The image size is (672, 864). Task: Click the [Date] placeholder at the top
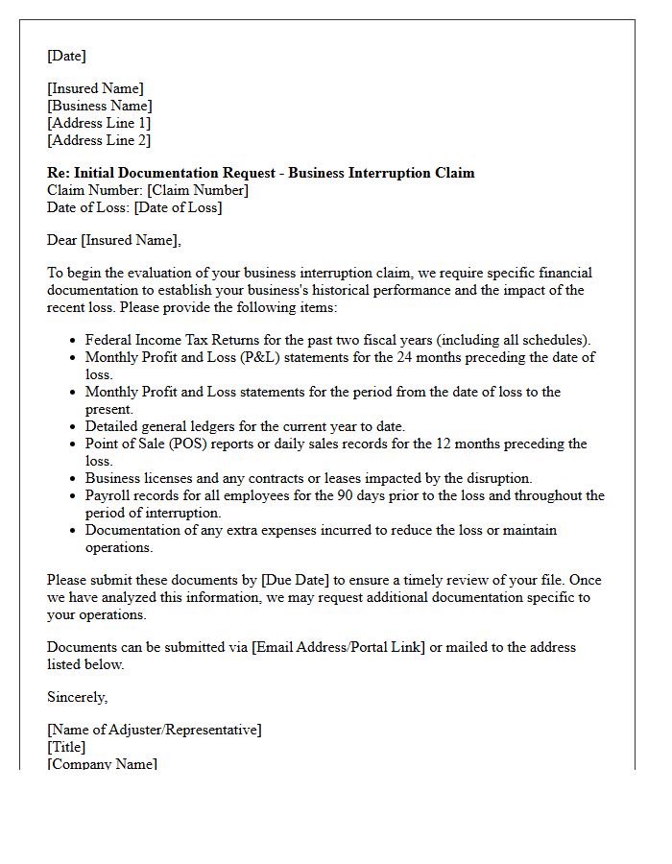pyautogui.click(x=66, y=56)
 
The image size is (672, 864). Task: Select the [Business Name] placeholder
pyautogui.click(x=100, y=106)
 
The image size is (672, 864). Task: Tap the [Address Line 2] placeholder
pyautogui.click(x=99, y=140)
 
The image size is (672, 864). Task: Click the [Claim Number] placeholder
pyautogui.click(x=198, y=190)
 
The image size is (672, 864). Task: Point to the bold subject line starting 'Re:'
pyautogui.click(x=260, y=173)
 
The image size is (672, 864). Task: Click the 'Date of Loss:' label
pyautogui.click(x=88, y=207)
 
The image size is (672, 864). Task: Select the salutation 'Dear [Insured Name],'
pyautogui.click(x=113, y=240)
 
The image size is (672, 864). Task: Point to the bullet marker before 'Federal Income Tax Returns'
pyautogui.click(x=74, y=341)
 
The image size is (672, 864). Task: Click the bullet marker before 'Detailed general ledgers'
pyautogui.click(x=74, y=427)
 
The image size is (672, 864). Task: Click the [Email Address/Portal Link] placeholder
pyautogui.click(x=338, y=647)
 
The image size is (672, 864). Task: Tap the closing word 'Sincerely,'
pyautogui.click(x=78, y=697)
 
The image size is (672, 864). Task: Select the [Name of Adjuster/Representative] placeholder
pyautogui.click(x=154, y=730)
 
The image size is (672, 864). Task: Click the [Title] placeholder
pyautogui.click(x=66, y=747)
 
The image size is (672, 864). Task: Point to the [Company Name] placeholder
pyautogui.click(x=102, y=763)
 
